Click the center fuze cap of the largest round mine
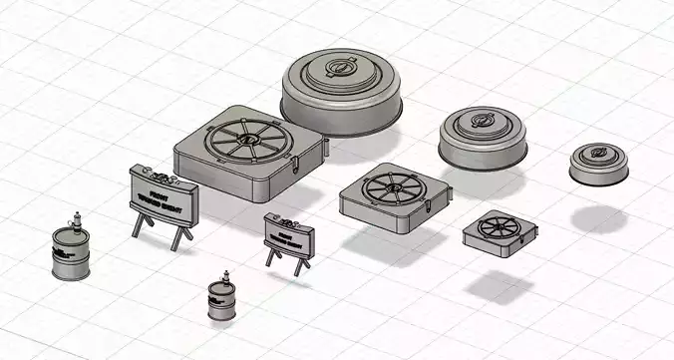click(x=340, y=71)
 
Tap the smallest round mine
click(x=599, y=164)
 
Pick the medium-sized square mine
click(x=388, y=195)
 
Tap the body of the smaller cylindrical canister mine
click(x=221, y=301)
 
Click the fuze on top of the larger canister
click(x=73, y=218)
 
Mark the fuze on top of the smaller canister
click(x=224, y=275)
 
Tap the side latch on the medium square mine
click(x=430, y=209)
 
